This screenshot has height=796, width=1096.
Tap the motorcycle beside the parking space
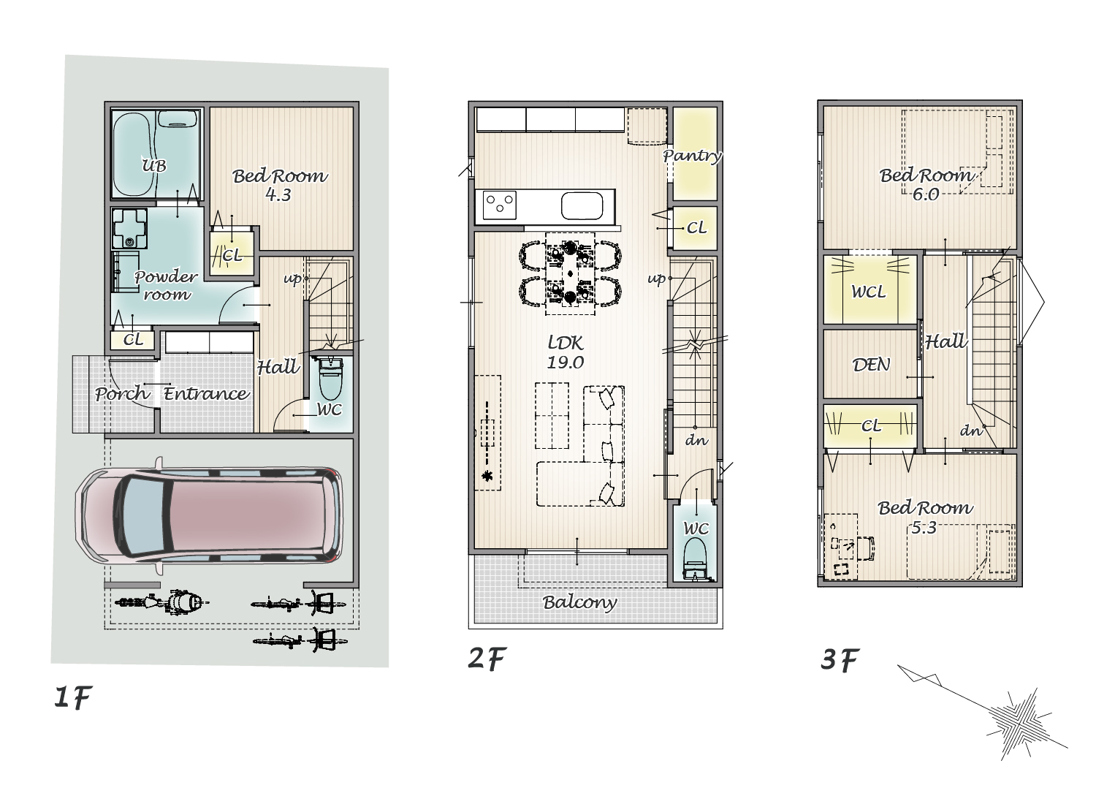click(x=161, y=602)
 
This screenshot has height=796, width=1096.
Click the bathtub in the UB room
click(x=133, y=154)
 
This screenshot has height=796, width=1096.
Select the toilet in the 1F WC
click(x=330, y=380)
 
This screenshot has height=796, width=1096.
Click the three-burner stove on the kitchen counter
click(x=500, y=205)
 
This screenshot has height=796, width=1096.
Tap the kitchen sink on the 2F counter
click(x=582, y=205)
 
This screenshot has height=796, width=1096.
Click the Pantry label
click(x=692, y=156)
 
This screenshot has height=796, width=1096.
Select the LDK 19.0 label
click(x=566, y=352)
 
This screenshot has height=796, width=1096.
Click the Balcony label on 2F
click(x=580, y=602)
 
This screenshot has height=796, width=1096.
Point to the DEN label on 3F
click(x=871, y=365)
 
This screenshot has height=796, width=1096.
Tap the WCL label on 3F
click(x=869, y=292)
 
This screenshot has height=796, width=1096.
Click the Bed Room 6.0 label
click(x=926, y=184)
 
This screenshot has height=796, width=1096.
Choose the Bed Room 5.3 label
click(x=925, y=518)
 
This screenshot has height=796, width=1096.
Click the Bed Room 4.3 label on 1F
click(x=279, y=185)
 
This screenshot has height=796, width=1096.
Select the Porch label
click(x=121, y=393)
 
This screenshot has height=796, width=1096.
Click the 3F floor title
click(x=840, y=659)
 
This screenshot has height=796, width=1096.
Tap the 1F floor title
click(x=73, y=697)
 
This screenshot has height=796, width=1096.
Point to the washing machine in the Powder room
click(x=129, y=229)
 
